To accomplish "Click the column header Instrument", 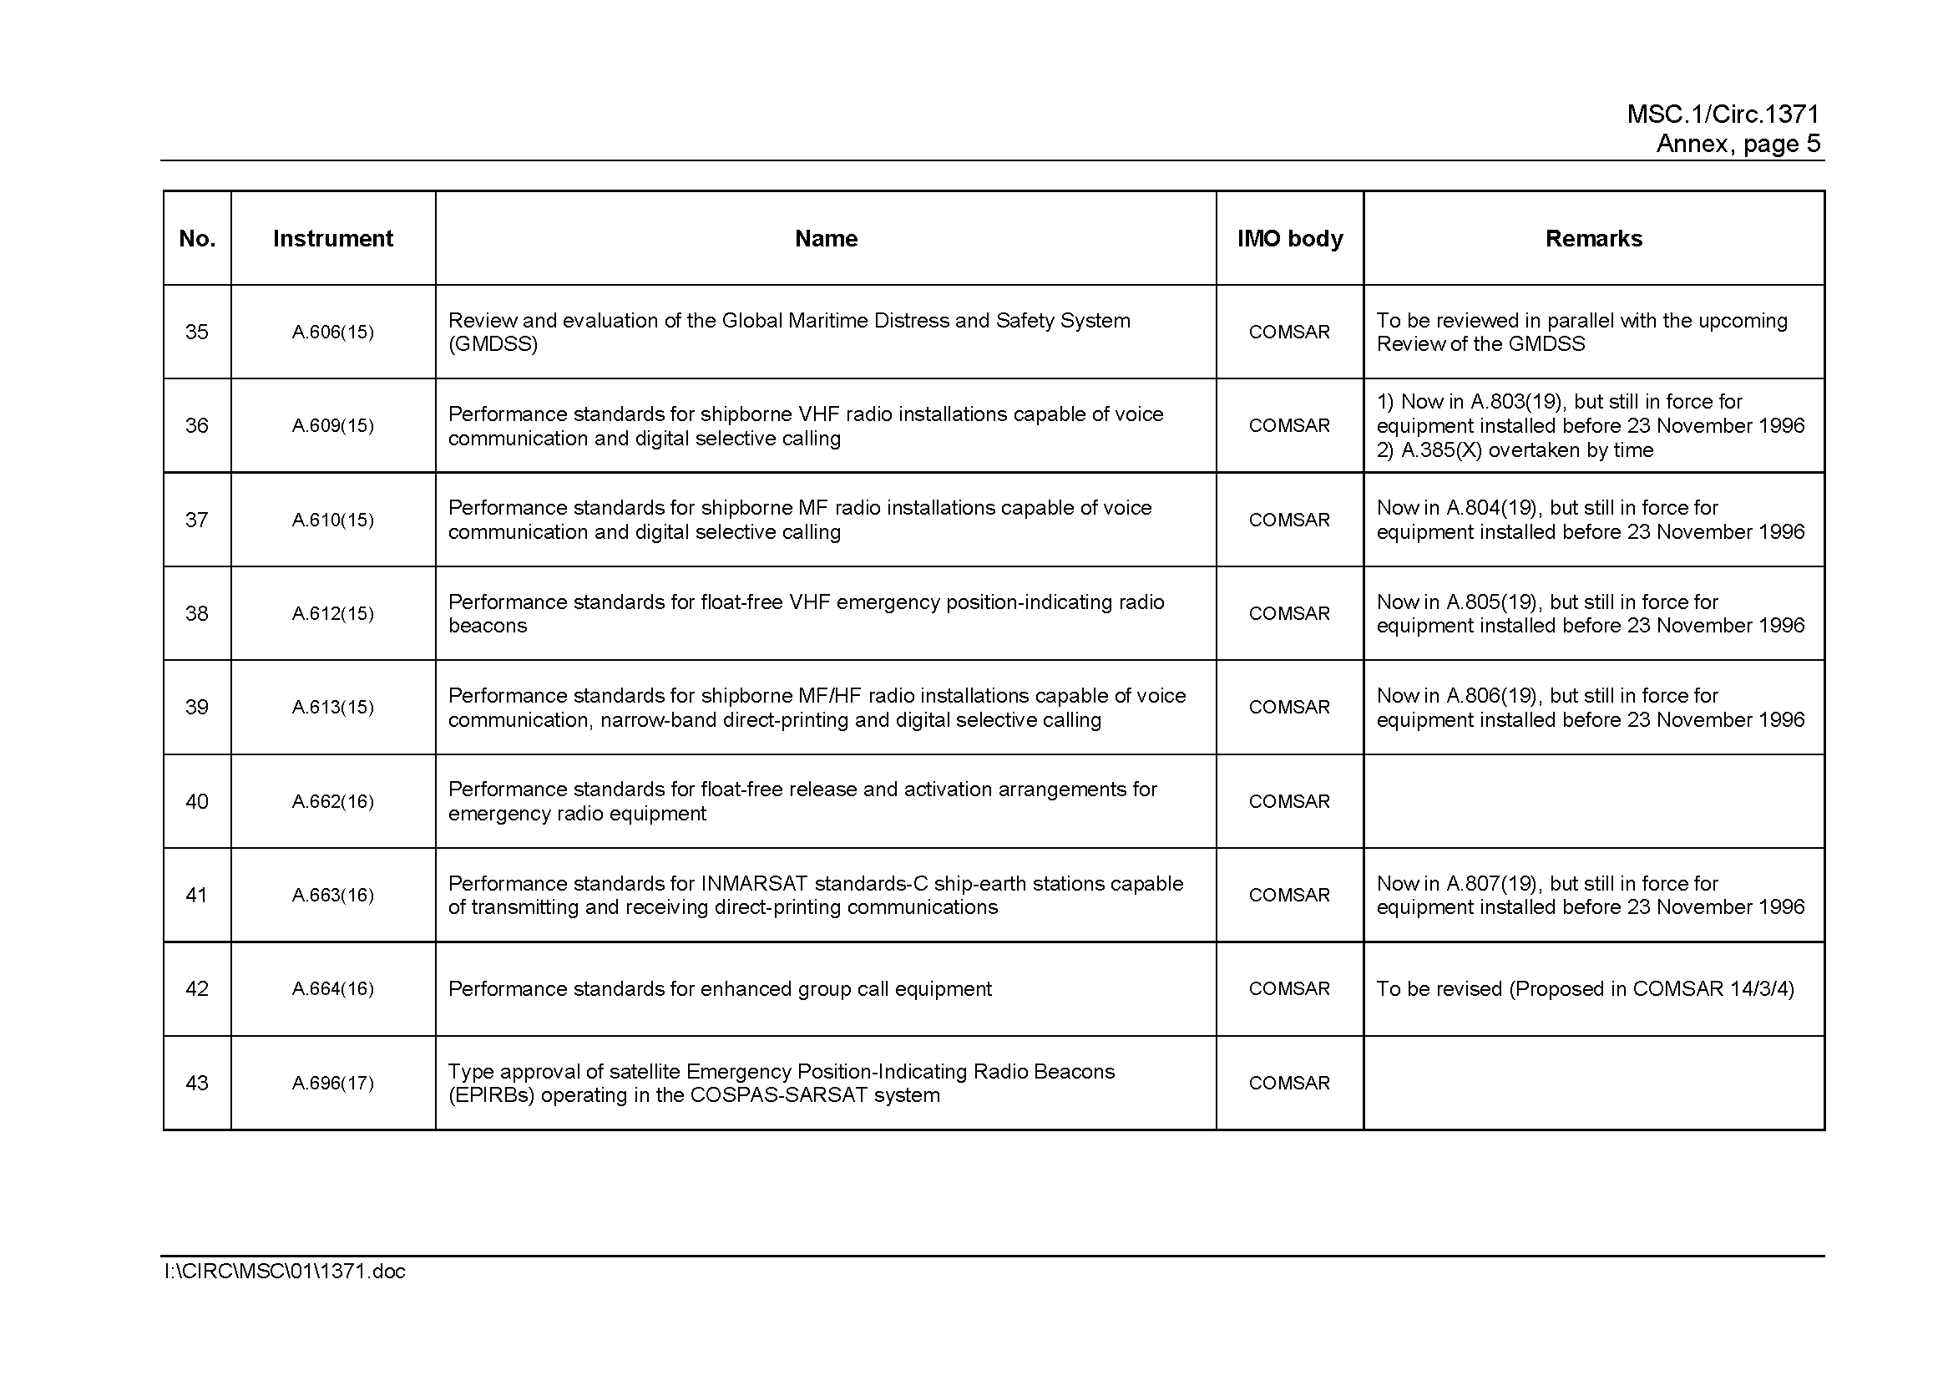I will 332,239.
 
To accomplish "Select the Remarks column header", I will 1593,239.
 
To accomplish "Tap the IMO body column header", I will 1289,239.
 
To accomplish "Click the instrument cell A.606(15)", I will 332,332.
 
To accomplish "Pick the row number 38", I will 196,613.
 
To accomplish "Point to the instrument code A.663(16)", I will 332,895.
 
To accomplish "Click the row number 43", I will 196,1084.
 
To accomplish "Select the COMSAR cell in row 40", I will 1288,801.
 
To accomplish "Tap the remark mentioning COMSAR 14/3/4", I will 1585,988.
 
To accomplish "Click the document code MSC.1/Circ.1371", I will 1723,114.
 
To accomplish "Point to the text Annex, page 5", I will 1738,144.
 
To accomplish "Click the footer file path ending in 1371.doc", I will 285,1272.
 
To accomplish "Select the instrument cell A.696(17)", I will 332,1084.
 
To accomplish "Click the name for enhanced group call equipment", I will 720,988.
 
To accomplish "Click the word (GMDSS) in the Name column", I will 493,344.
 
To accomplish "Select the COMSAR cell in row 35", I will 1288,332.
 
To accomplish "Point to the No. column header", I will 196,239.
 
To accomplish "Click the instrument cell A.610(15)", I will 332,520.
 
